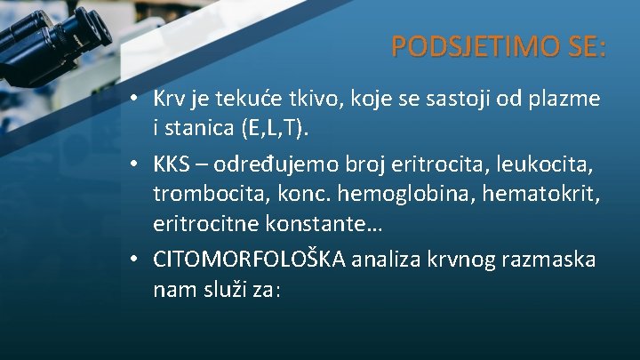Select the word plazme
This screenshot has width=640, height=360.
570,97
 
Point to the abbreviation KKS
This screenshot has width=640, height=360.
172,165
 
